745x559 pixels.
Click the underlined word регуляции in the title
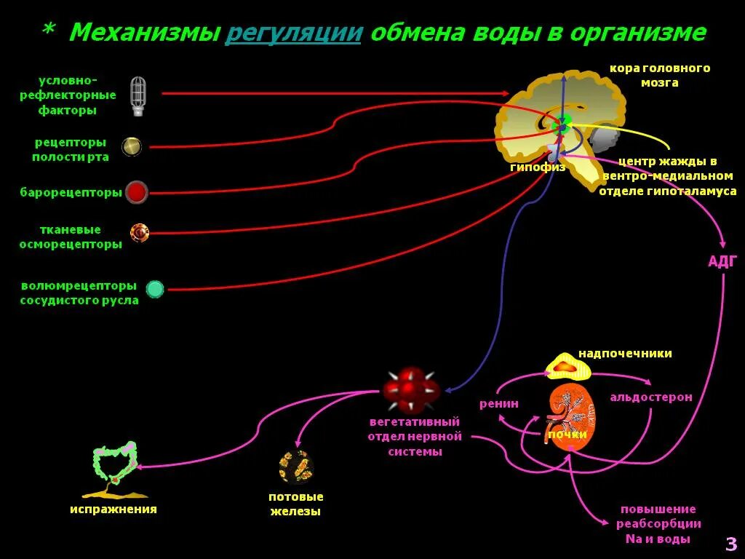pyautogui.click(x=293, y=33)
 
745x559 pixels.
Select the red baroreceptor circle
pyautogui.click(x=137, y=192)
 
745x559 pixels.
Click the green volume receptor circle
pyautogui.click(x=155, y=289)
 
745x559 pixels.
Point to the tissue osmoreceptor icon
pyautogui.click(x=140, y=233)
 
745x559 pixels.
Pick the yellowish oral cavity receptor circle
pyautogui.click(x=131, y=146)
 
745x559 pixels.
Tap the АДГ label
pyautogui.click(x=722, y=262)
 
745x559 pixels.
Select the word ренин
pyautogui.click(x=498, y=403)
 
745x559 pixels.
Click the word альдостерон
pyautogui.click(x=651, y=397)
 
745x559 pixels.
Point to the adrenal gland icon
pyautogui.click(x=566, y=366)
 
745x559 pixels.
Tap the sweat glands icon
pyautogui.click(x=295, y=467)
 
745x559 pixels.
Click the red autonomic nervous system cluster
pyautogui.click(x=411, y=389)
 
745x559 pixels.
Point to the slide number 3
pyautogui.click(x=731, y=543)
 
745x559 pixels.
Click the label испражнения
pyautogui.click(x=113, y=510)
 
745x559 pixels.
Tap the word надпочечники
pyautogui.click(x=625, y=354)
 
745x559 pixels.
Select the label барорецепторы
pyautogui.click(x=71, y=193)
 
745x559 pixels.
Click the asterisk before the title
pyautogui.click(x=49, y=31)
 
